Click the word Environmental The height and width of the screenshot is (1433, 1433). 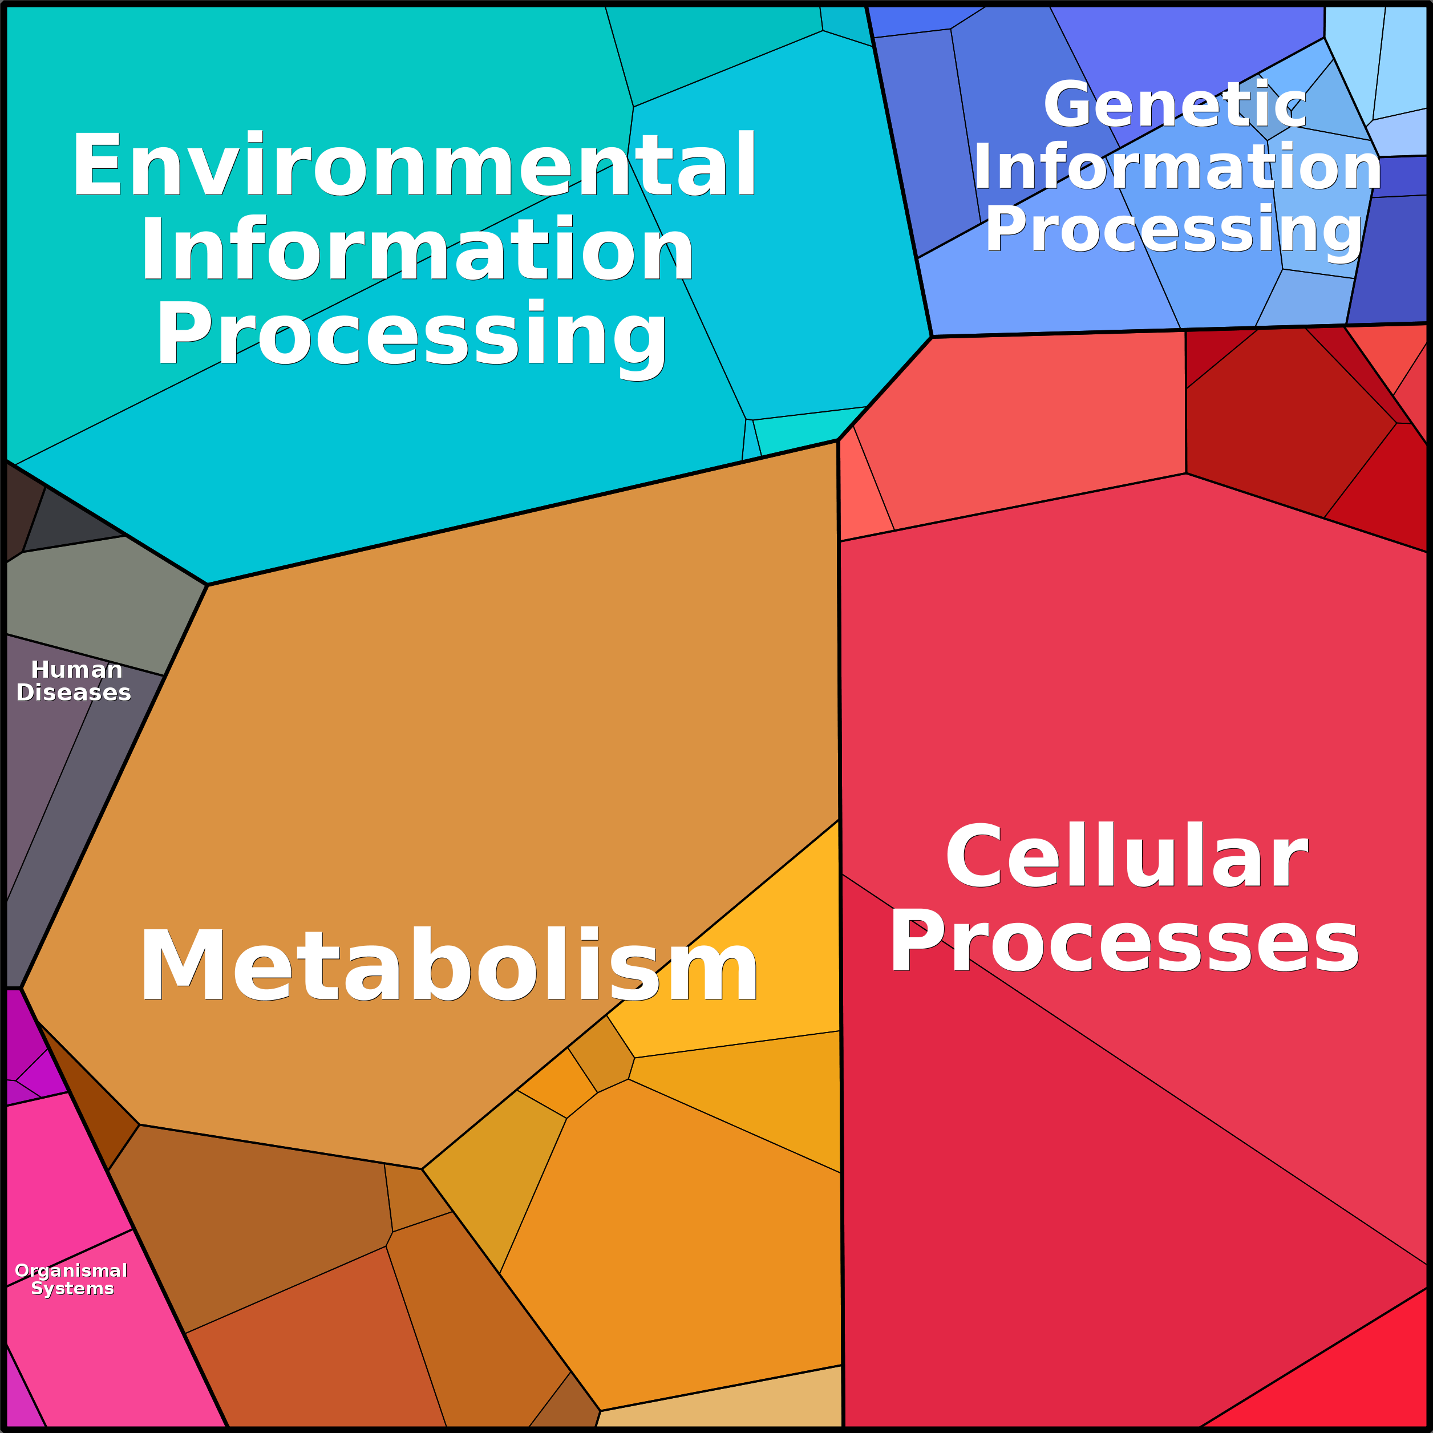414,166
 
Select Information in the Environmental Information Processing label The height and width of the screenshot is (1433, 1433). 417,250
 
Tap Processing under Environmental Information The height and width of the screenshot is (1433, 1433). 412,335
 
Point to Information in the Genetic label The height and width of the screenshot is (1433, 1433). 1177,168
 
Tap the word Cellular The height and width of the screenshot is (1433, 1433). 1126,858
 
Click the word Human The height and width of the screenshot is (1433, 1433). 76,670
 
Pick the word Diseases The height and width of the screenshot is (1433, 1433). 74,693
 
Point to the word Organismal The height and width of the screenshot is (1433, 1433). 71,1270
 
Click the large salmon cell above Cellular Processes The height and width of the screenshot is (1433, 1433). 1023,423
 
